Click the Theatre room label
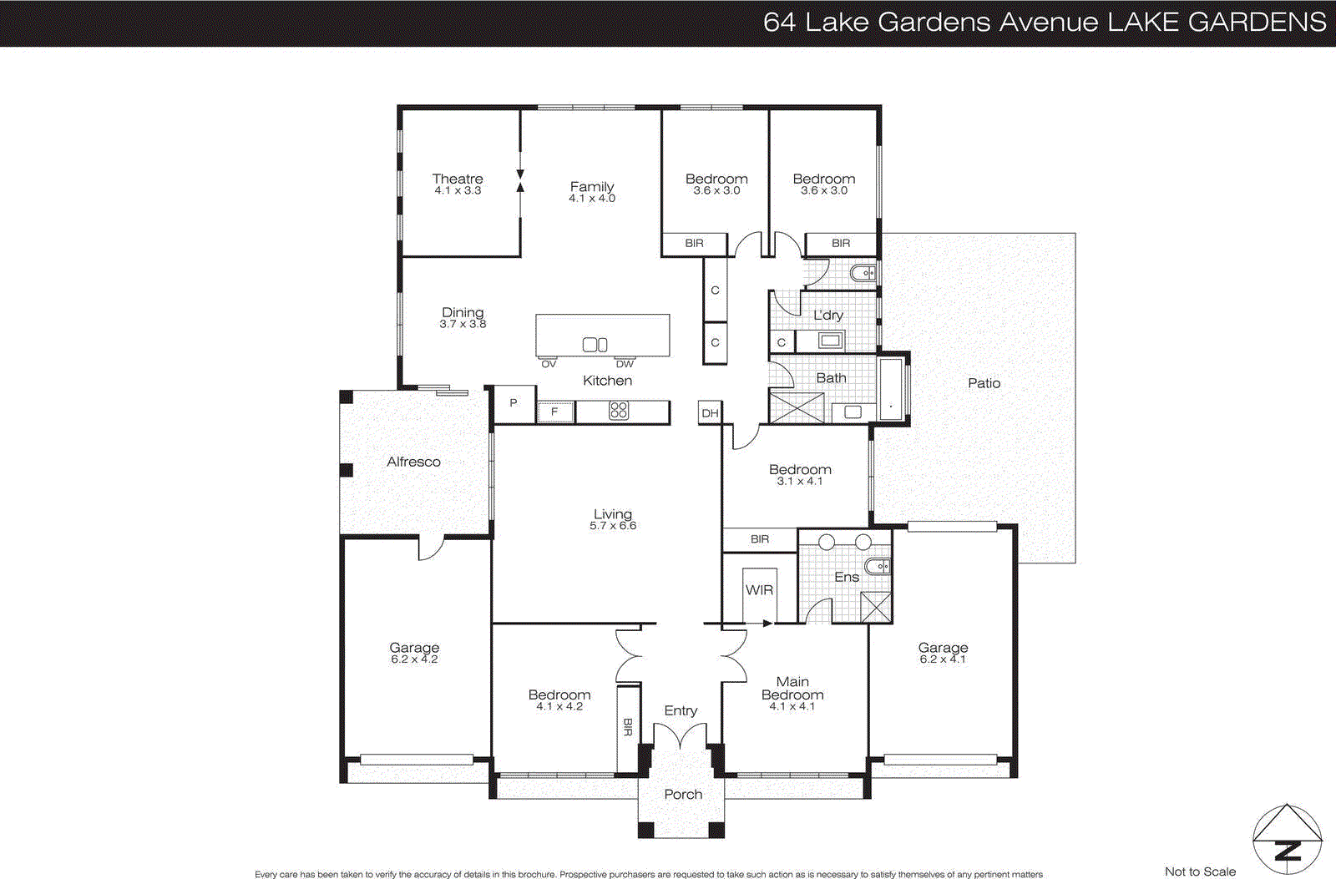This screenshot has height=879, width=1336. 458,179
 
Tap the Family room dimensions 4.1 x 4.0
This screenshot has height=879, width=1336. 592,199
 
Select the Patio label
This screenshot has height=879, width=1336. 984,383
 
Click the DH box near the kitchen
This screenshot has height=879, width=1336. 710,413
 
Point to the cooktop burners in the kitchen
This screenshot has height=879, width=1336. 619,411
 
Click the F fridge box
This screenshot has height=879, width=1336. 554,412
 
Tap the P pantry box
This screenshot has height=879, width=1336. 514,403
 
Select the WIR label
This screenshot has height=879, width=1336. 759,590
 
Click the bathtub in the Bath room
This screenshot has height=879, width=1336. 891,388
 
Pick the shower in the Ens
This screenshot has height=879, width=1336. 875,607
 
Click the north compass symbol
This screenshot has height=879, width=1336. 1287,839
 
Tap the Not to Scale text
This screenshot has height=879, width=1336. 1200,871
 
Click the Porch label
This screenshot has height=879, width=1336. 683,795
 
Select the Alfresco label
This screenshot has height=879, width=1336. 413,462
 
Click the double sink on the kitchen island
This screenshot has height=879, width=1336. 595,345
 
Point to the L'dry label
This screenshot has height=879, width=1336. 828,315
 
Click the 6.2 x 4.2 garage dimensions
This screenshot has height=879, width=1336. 414,659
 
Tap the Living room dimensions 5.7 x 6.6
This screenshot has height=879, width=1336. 613,526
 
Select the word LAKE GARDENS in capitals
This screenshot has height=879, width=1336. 1217,23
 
